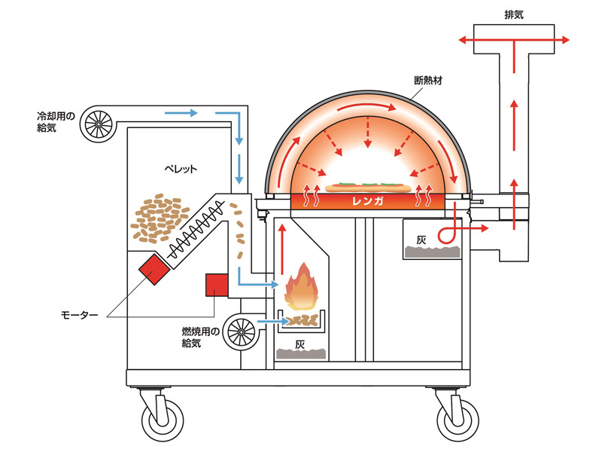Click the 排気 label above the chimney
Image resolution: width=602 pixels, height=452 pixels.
(515, 14)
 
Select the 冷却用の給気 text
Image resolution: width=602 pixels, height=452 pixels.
(57, 123)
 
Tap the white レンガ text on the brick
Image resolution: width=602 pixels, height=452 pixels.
(368, 201)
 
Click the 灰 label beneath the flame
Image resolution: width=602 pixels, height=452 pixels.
(299, 345)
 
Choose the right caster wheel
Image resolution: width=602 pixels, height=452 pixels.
(456, 418)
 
